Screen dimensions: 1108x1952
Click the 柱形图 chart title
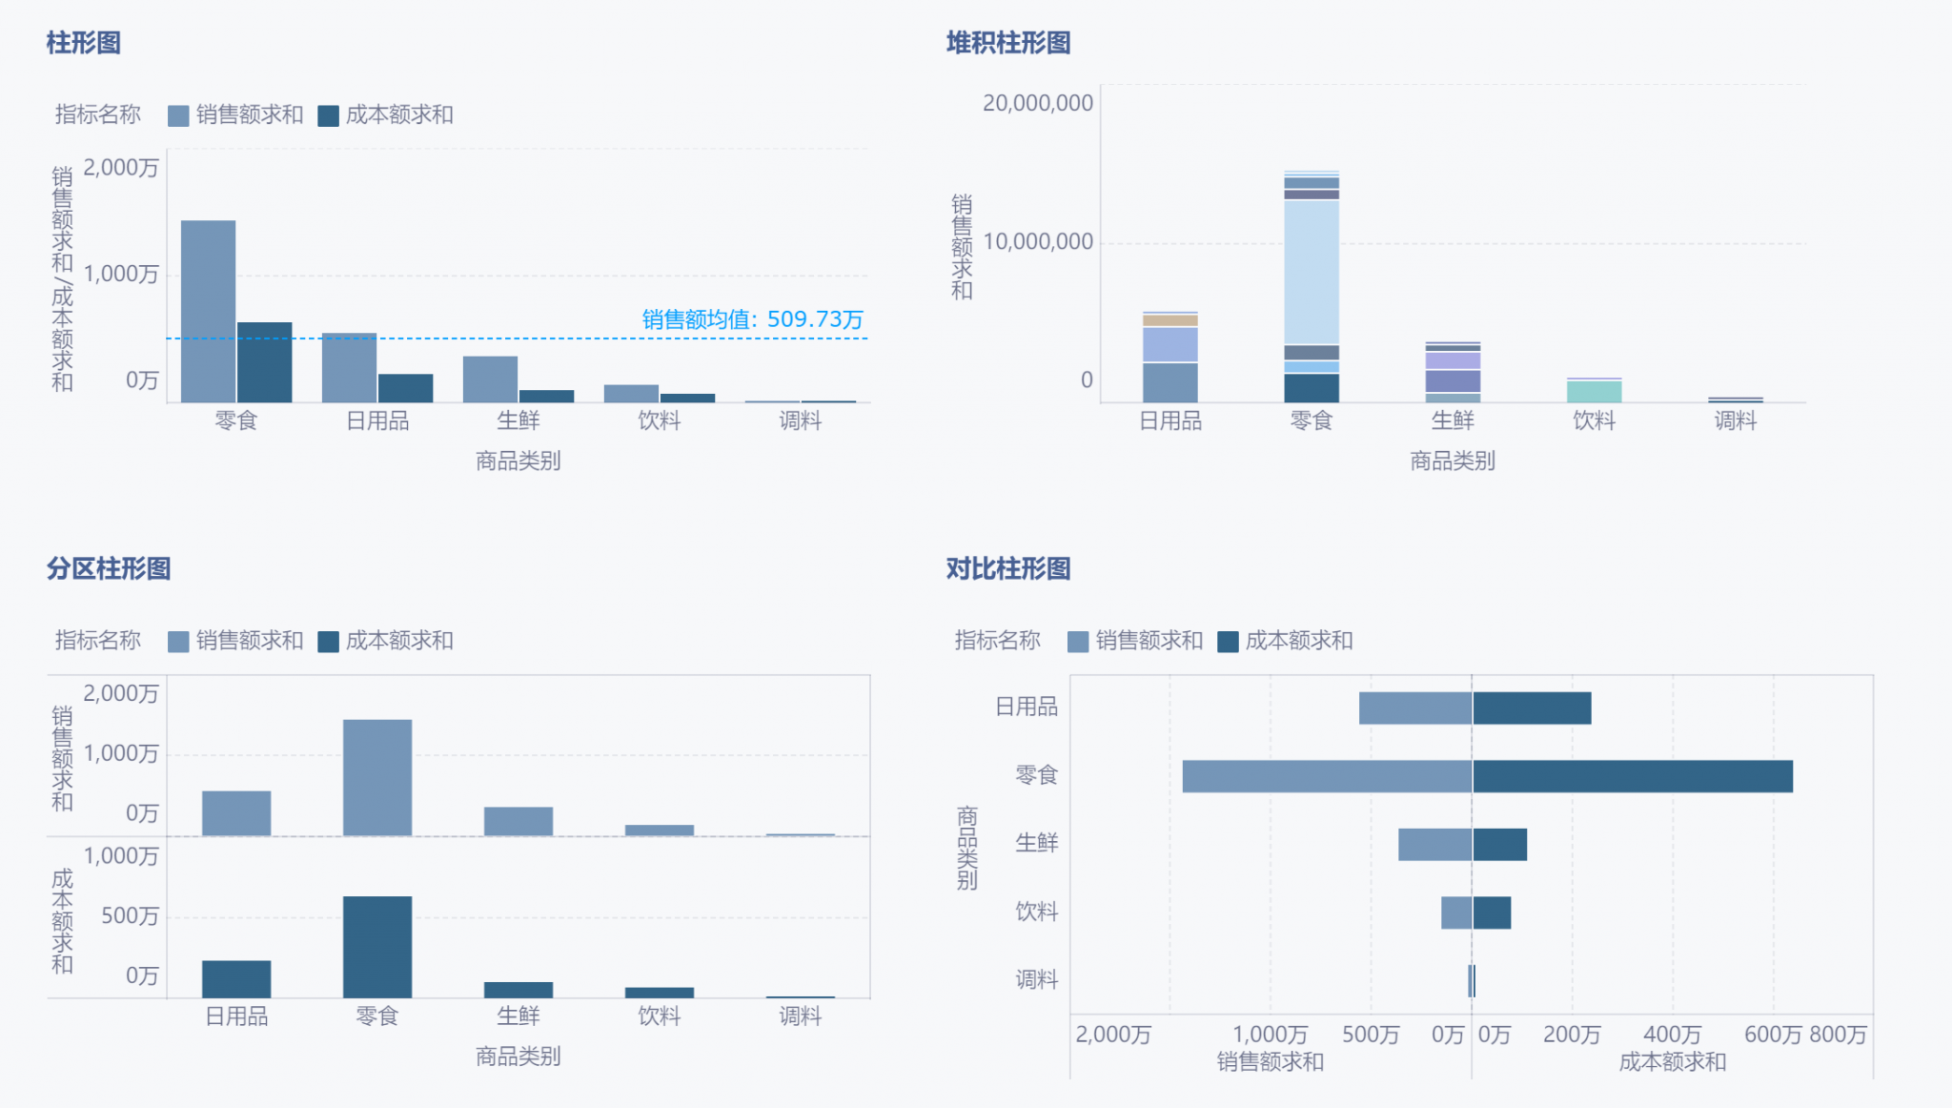pyautogui.click(x=83, y=43)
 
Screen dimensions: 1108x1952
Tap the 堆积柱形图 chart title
pyautogui.click(x=1007, y=43)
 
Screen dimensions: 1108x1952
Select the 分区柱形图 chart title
pyautogui.click(x=108, y=568)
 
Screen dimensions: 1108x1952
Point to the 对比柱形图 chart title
pyautogui.click(x=1007, y=568)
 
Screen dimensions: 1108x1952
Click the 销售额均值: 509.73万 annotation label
pyautogui.click(x=752, y=318)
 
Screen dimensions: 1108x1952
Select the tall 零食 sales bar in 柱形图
pyautogui.click(x=208, y=310)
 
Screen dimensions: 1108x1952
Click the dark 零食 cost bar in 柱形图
pyautogui.click(x=264, y=361)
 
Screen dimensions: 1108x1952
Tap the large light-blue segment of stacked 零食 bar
pyautogui.click(x=1311, y=272)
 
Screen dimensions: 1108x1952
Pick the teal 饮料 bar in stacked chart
pyautogui.click(x=1594, y=391)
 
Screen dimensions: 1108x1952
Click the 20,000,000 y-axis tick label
pyautogui.click(x=1037, y=103)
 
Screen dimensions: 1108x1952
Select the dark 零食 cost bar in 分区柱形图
pyautogui.click(x=377, y=946)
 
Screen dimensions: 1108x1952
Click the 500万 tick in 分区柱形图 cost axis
pyautogui.click(x=130, y=915)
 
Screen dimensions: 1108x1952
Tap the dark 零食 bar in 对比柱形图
pyautogui.click(x=1632, y=776)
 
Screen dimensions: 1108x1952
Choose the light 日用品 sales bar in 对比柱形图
pyautogui.click(x=1414, y=708)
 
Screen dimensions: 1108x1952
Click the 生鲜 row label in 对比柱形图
pyautogui.click(x=1036, y=843)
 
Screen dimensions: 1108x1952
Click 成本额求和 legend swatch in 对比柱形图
pyautogui.click(x=1228, y=642)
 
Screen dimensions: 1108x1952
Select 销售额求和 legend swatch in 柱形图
pyautogui.click(x=178, y=116)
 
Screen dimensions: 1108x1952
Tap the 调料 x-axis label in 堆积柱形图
pyautogui.click(x=1735, y=421)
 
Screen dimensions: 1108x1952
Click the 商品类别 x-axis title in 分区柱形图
pyautogui.click(x=518, y=1057)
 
